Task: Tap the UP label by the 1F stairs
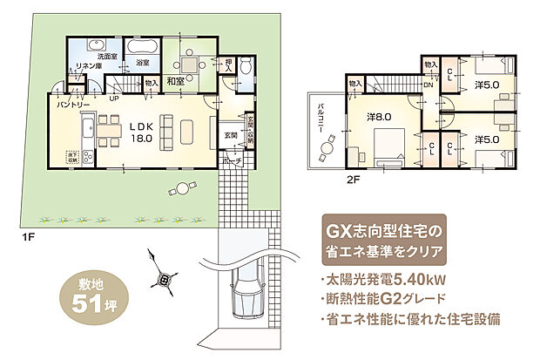coord(114,98)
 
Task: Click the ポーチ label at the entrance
coord(230,162)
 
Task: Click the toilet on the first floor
coord(246,67)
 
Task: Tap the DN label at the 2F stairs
coord(429,85)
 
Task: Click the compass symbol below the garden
coord(164,278)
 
